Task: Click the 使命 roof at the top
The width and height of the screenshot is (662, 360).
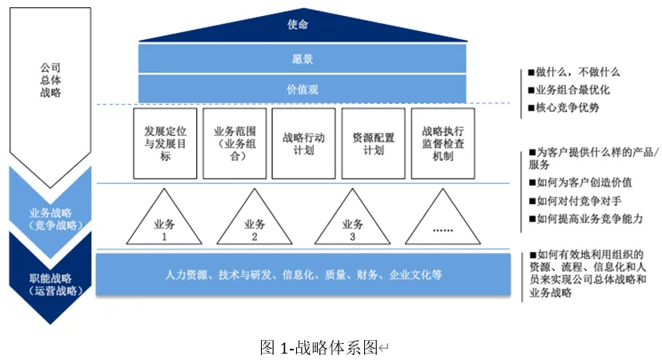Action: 299,26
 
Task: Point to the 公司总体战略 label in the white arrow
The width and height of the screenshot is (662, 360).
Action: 50,80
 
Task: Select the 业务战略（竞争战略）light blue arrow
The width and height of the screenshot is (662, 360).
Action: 50,217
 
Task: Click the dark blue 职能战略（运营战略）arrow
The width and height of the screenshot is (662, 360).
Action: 50,284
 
